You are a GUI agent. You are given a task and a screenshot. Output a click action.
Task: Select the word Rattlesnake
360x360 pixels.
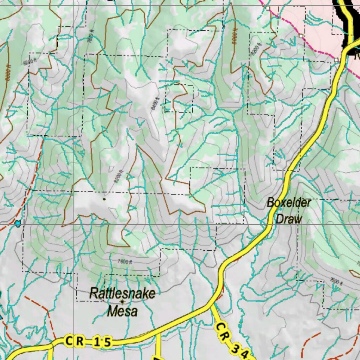coord(122,293)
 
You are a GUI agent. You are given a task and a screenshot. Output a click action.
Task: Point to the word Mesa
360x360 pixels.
coord(122,311)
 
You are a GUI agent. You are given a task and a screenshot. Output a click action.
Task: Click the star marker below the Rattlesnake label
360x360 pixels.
coord(122,302)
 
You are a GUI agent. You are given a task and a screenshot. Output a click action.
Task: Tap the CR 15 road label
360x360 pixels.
coord(88,341)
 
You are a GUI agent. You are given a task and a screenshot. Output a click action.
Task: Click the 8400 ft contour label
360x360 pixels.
coord(154,103)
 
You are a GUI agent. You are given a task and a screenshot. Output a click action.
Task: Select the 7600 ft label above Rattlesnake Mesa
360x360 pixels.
coord(125,262)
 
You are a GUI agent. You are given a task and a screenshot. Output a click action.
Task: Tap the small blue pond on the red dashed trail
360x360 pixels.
coord(18,223)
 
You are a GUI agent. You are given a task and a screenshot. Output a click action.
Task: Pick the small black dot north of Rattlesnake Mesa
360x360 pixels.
coord(104,199)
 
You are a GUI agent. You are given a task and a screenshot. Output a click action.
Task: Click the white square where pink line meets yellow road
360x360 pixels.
coord(337,60)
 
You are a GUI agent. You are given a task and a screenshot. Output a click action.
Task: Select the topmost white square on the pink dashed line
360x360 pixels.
coord(268,8)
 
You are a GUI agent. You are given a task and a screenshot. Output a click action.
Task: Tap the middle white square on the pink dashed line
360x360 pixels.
coord(301,36)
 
